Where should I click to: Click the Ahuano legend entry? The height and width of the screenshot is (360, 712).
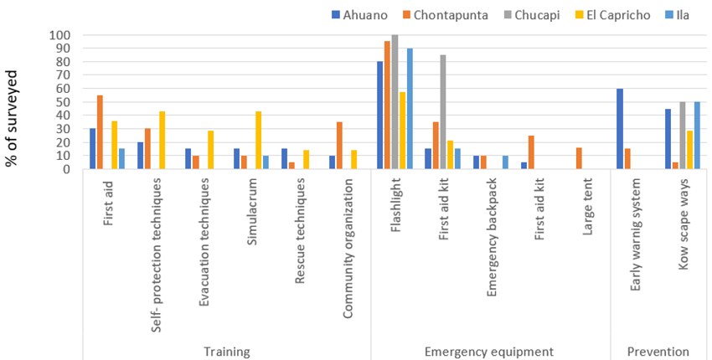(358, 15)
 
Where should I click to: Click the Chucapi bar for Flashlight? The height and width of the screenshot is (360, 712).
(395, 102)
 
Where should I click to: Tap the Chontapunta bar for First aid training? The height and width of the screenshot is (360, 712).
(100, 132)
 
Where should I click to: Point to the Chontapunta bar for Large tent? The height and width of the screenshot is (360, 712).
(578, 158)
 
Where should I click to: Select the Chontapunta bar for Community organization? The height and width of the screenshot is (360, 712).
(339, 146)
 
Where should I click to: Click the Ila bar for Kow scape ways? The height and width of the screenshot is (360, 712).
(697, 136)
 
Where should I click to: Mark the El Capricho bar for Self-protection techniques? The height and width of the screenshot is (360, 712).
(161, 140)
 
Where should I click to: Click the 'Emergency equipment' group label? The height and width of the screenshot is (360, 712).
(489, 351)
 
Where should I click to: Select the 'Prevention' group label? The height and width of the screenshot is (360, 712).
(658, 351)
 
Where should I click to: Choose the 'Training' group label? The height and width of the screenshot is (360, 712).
(227, 351)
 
